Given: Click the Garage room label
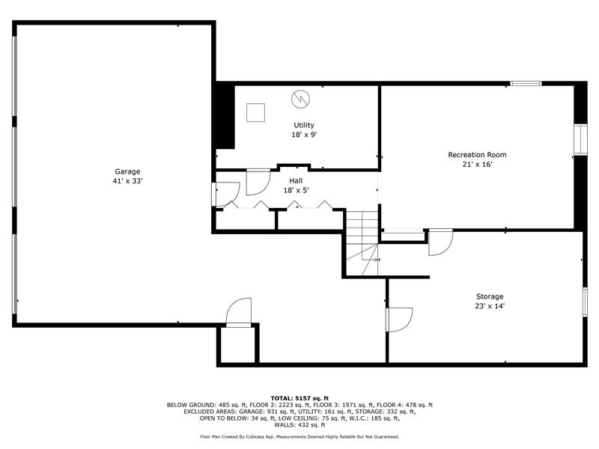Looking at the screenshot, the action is (x=127, y=172).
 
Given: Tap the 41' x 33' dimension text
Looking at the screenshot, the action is (x=127, y=181).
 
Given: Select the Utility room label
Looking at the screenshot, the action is (x=304, y=125).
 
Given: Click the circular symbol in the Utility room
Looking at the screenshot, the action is (x=301, y=100).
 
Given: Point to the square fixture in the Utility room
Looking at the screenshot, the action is (x=255, y=113).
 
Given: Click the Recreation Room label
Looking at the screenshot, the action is (x=477, y=155).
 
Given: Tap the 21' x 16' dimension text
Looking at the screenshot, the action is (x=477, y=165).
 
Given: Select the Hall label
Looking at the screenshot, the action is (x=296, y=180).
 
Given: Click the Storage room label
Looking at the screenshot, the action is (x=490, y=296).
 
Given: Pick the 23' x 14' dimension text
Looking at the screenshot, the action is (x=490, y=306).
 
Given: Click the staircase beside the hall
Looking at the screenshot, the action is (x=362, y=242).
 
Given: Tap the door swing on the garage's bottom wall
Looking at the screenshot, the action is (x=239, y=312).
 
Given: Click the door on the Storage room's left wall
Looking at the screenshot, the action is (x=399, y=320).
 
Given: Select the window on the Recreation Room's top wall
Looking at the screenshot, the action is (x=526, y=83).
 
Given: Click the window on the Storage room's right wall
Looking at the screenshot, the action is (x=585, y=302).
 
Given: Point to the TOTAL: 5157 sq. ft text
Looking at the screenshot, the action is (x=299, y=399).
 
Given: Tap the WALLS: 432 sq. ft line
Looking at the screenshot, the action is (x=299, y=424).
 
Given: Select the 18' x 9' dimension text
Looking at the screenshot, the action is (x=304, y=135).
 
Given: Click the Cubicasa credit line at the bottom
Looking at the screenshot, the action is (x=299, y=437).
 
